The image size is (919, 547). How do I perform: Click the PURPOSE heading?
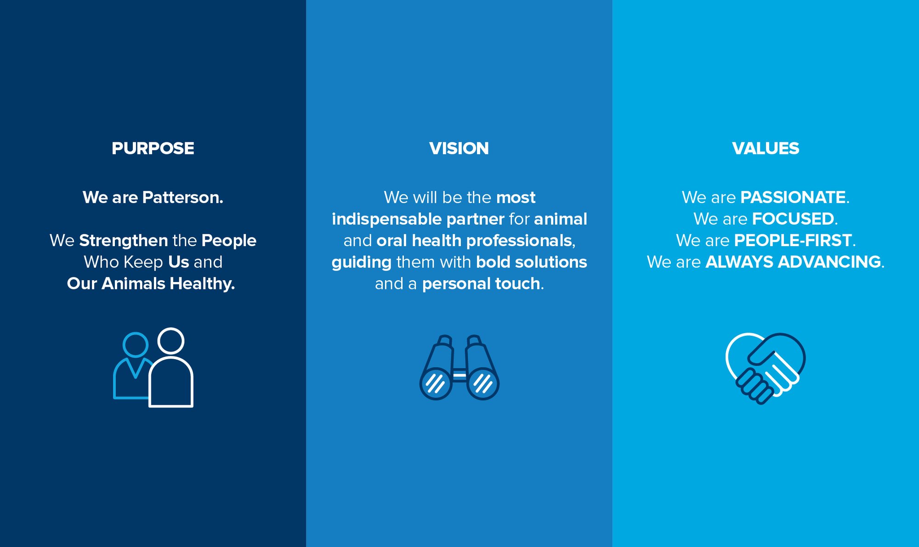pyautogui.click(x=153, y=148)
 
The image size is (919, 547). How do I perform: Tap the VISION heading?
pyautogui.click(x=459, y=148)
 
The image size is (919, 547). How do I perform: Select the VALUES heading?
pyautogui.click(x=766, y=148)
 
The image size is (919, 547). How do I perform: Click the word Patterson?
pyautogui.click(x=182, y=197)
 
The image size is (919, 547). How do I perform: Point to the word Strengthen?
pyautogui.click(x=124, y=241)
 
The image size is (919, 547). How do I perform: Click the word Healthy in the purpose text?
pyautogui.click(x=202, y=284)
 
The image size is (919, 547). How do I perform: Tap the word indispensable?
pyautogui.click(x=387, y=220)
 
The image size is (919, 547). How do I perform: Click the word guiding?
pyautogui.click(x=362, y=263)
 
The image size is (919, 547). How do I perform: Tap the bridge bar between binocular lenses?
pyautogui.click(x=459, y=376)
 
